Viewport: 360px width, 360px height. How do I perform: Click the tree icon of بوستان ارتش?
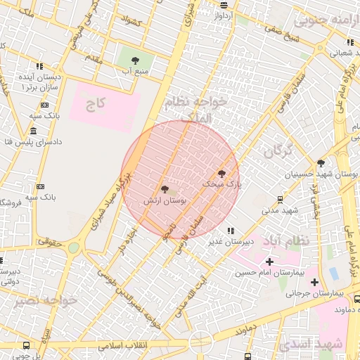point(165,189)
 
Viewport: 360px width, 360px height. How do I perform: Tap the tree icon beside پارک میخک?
point(222,173)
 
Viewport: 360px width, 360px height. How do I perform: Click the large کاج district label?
point(94,106)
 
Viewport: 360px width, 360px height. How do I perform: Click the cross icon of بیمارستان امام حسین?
point(269,262)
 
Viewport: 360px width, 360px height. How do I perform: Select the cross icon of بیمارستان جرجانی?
point(314,281)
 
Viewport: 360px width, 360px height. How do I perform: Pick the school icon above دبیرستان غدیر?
point(230,231)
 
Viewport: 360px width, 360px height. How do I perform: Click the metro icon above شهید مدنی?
point(281,200)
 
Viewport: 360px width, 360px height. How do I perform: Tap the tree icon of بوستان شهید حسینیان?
point(321,162)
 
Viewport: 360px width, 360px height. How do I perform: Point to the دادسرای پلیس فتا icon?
point(34,131)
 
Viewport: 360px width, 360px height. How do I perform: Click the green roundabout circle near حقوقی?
point(73,247)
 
